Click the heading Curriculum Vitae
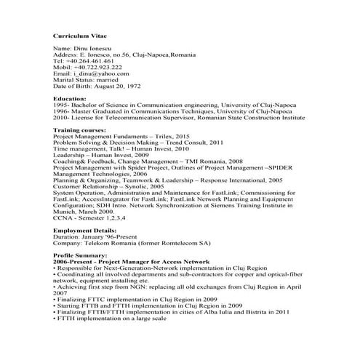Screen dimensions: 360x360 click(79, 34)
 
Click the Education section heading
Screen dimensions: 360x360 click(70, 98)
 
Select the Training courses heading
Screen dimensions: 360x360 click(79, 129)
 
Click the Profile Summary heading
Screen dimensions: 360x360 click(79, 255)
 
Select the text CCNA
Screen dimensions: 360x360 click(63, 217)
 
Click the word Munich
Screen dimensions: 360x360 click(65, 211)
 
